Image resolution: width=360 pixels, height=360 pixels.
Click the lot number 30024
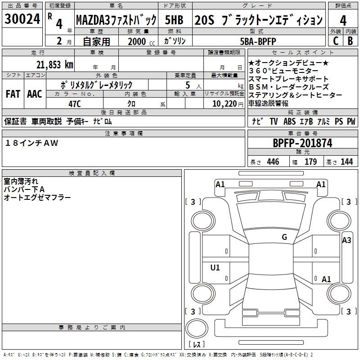click(x=22, y=19)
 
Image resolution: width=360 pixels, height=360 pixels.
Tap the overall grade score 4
click(x=343, y=20)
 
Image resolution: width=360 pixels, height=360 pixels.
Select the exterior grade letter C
click(x=336, y=41)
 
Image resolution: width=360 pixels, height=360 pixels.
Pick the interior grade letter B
click(x=350, y=41)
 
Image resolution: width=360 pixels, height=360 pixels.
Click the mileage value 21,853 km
click(x=54, y=65)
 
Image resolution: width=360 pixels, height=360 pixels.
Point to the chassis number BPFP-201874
click(x=302, y=143)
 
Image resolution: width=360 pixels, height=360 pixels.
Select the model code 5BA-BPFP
click(x=258, y=41)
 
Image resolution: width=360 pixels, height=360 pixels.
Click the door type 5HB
click(x=174, y=20)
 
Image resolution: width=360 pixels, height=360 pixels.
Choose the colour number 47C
click(x=75, y=104)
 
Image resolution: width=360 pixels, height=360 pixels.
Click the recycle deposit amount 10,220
click(x=225, y=103)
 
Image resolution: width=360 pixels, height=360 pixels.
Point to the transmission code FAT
click(x=13, y=94)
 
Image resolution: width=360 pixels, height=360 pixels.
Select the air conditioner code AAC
click(x=35, y=94)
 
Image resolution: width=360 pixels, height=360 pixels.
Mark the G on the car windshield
click(x=284, y=237)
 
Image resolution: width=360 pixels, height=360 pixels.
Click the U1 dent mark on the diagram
click(x=215, y=267)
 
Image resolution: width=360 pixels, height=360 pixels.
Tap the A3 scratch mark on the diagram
click(x=346, y=240)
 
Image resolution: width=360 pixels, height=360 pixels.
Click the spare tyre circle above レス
click(x=197, y=328)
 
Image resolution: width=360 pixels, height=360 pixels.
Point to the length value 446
click(x=273, y=162)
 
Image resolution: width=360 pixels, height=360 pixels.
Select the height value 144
click(x=346, y=162)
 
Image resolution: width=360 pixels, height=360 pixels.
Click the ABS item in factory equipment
click(x=289, y=121)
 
